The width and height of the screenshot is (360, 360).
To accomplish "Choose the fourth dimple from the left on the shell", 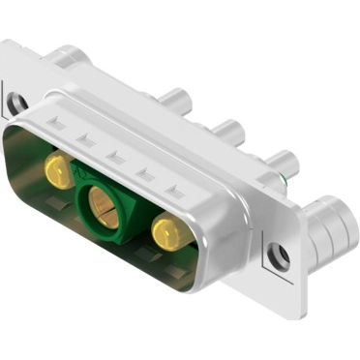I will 146,170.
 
